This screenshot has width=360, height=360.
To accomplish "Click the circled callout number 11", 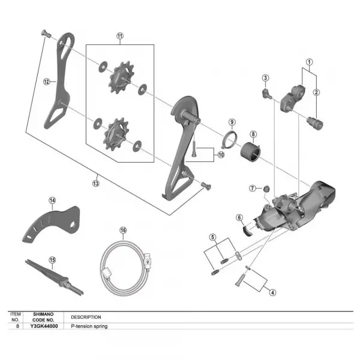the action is tap(120, 36).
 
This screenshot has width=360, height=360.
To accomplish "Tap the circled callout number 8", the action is tap(253, 134).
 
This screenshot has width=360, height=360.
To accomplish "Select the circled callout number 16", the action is tap(123, 230).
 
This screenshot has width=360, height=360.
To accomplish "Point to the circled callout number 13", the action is tap(96, 183).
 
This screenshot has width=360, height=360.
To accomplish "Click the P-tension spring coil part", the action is tap(250, 151).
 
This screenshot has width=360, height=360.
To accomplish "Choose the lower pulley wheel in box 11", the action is tap(116, 134).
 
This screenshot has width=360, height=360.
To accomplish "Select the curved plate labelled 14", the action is tap(52, 224).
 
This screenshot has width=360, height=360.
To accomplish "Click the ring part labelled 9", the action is tap(230, 139).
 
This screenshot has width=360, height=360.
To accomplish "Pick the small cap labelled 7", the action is tap(266, 189).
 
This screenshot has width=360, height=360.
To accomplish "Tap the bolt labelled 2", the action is tap(315, 123).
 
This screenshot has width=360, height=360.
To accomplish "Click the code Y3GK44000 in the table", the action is tap(44, 326).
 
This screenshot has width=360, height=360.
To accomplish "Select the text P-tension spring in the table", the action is tap(89, 326).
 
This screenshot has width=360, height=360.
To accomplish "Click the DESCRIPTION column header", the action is tap(86, 317).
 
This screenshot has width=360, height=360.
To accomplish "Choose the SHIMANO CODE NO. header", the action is tap(43, 317).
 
